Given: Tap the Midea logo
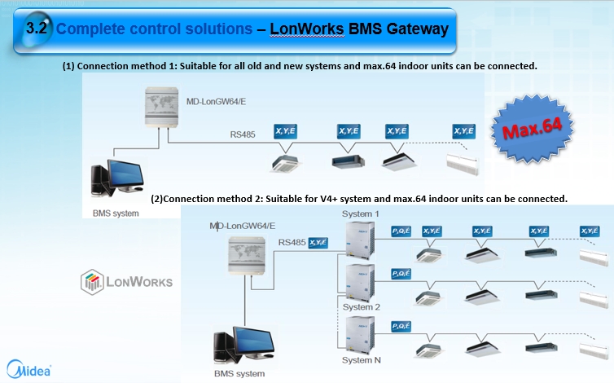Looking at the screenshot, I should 29,367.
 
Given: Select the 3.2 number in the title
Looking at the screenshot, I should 38,29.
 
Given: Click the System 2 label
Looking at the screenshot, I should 362,307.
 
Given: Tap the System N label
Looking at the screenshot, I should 362,359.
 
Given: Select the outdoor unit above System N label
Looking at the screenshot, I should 358,334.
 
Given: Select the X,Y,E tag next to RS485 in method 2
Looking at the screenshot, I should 318,242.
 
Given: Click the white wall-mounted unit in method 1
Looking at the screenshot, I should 463,157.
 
